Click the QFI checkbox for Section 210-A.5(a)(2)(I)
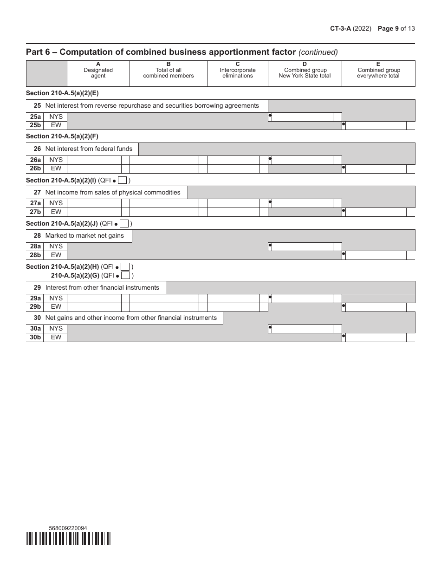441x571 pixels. click(x=123, y=180)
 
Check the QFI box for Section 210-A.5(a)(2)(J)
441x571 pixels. click(x=124, y=223)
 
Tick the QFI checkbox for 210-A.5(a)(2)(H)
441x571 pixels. click(x=125, y=267)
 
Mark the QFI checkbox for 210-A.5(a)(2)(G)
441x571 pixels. click(x=125, y=275)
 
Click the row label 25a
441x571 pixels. click(x=35, y=117)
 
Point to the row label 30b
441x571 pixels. click(x=35, y=337)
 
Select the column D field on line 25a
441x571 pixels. click(x=302, y=117)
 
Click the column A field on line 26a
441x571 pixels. click(x=94, y=160)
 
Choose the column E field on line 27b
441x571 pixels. click(x=376, y=212)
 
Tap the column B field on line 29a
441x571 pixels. click(x=164, y=298)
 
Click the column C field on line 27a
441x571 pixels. click(x=233, y=203)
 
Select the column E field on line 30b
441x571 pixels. click(x=376, y=337)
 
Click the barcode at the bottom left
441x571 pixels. click(x=68, y=539)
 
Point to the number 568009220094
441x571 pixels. click(x=68, y=528)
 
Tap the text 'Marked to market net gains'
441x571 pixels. click(x=84, y=235)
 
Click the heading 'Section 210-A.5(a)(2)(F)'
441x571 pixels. click(x=62, y=136)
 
